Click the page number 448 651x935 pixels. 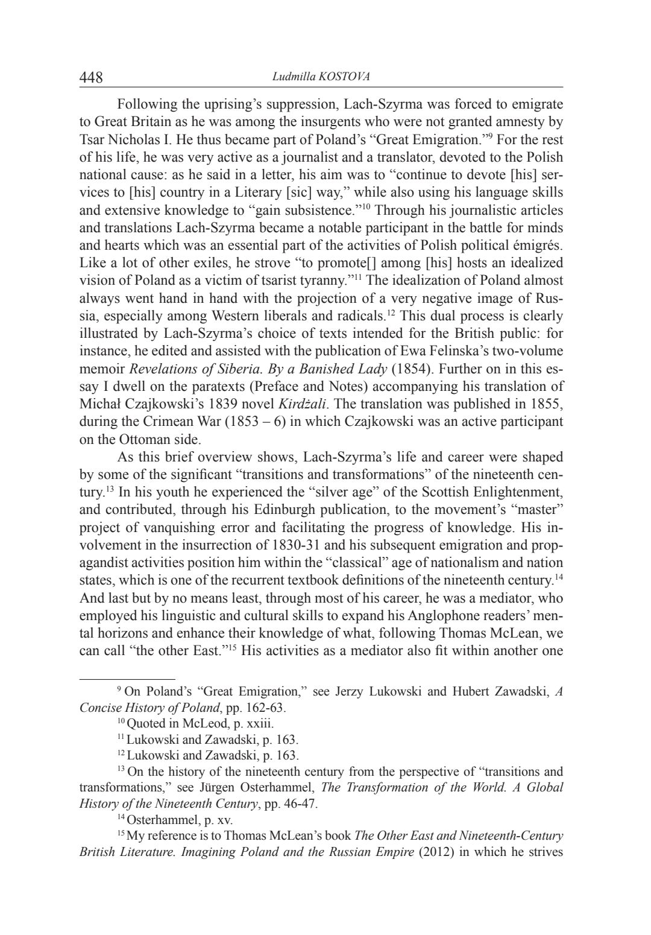point(92,78)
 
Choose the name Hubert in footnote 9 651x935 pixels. point(451,692)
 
